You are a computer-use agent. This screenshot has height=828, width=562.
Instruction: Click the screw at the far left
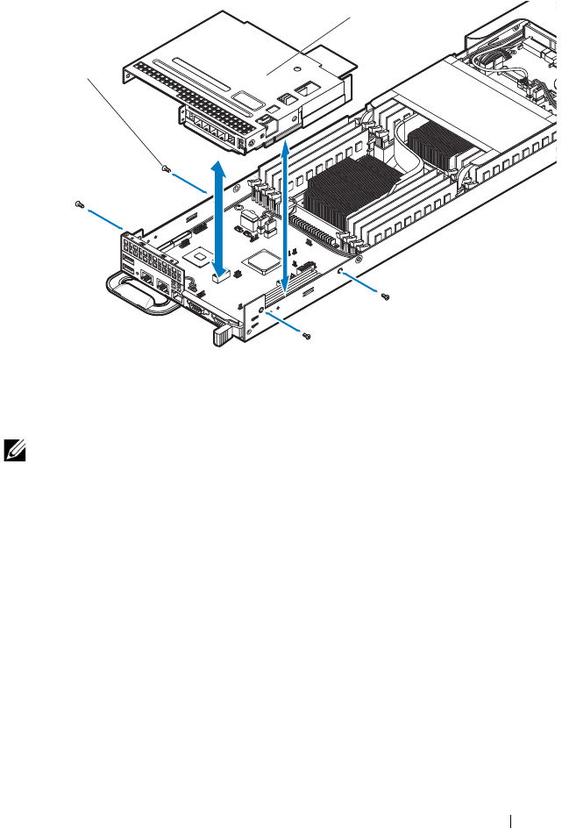pos(80,204)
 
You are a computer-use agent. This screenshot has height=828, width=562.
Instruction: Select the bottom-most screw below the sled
pos(305,336)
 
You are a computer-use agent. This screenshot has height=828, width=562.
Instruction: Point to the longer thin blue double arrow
pos(286,219)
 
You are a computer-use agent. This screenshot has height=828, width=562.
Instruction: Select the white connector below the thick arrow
pos(219,277)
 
